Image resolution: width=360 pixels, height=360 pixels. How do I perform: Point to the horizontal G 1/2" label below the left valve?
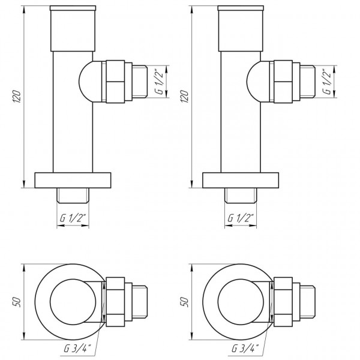[x=73, y=219]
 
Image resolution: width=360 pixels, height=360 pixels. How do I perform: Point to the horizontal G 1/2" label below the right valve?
[x=241, y=219]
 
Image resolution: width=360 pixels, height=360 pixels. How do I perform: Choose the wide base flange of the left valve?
[x=73, y=179]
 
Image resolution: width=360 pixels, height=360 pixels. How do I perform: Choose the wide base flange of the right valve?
[x=241, y=179]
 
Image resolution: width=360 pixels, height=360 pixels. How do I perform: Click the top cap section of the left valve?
[x=73, y=30]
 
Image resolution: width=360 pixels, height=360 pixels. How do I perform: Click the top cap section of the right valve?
[x=241, y=30]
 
